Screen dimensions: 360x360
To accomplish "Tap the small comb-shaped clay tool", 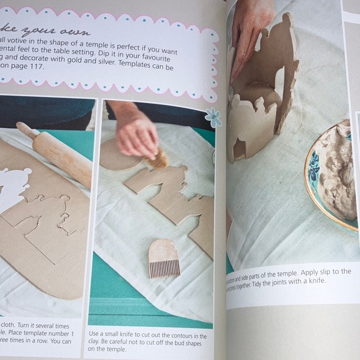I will [x=163, y=257].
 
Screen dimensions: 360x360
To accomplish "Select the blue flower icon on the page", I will [x=213, y=117].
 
